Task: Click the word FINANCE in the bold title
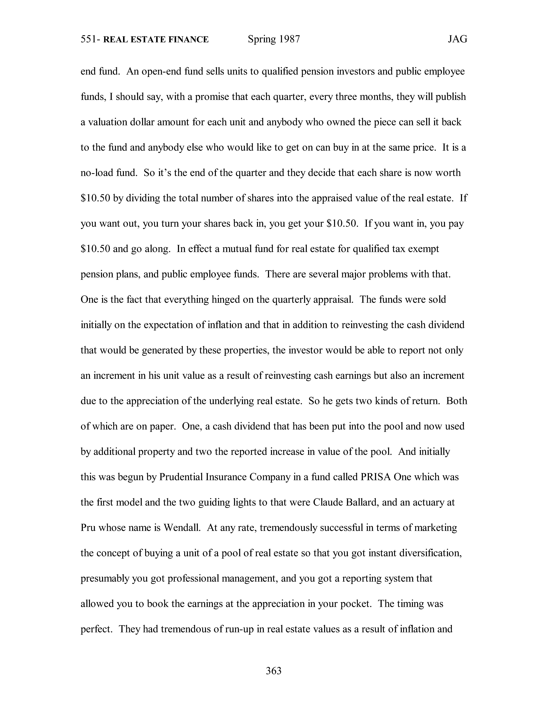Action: click(188, 40)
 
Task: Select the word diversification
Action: click(430, 553)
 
